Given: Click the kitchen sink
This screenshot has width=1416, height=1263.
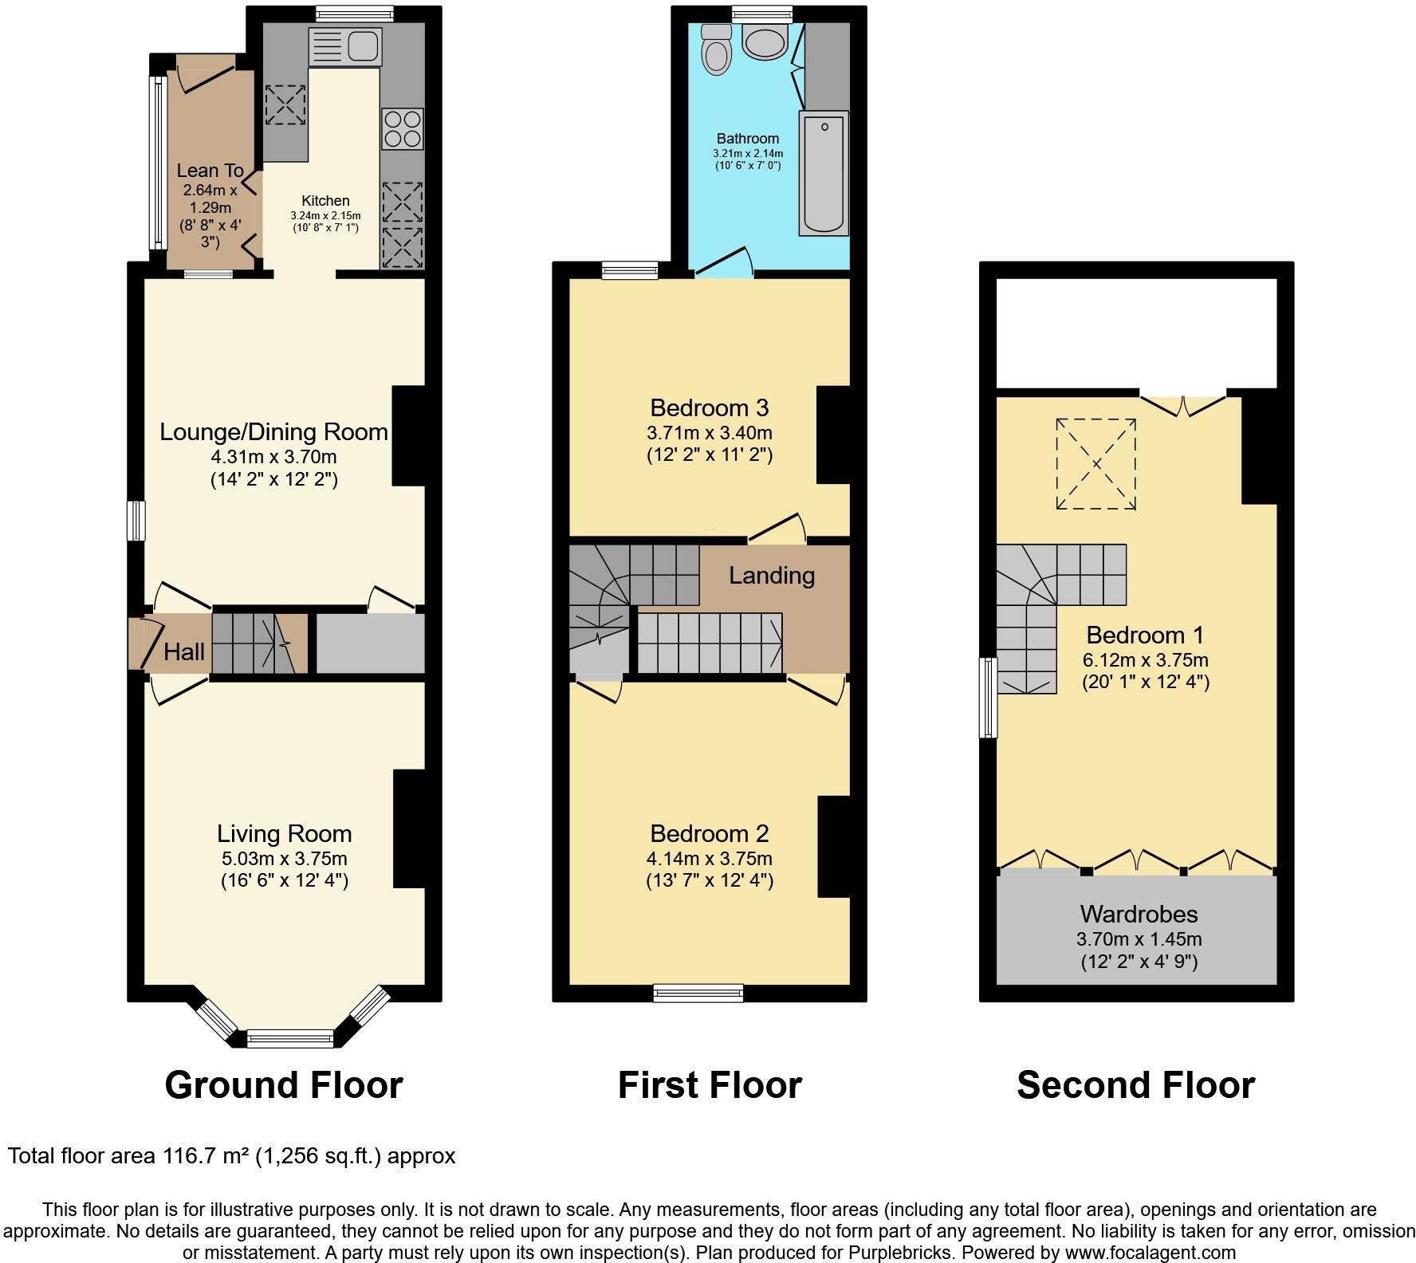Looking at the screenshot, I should click(344, 45).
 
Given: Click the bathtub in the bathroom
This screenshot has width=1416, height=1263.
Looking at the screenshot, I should click(824, 174).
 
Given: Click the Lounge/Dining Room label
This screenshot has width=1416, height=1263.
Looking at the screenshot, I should click(273, 432).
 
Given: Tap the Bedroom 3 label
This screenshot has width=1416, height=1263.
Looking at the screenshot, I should click(709, 408).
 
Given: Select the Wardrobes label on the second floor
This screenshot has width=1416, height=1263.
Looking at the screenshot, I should click(1139, 914).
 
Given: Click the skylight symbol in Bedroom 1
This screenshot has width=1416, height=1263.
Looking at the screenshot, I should click(1095, 463).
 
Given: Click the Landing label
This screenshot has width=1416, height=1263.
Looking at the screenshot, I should click(771, 576).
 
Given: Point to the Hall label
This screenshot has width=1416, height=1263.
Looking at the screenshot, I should click(184, 652).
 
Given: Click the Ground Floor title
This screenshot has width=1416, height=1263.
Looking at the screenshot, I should click(283, 1085).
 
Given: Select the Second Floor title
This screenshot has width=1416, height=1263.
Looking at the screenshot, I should click(1135, 1085).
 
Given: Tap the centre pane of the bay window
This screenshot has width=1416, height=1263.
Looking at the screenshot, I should click(290, 1038).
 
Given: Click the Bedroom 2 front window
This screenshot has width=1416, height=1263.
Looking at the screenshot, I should click(698, 993).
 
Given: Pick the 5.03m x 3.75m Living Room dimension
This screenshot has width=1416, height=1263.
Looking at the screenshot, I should click(284, 859).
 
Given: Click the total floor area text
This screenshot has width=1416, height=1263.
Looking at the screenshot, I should click(231, 1156).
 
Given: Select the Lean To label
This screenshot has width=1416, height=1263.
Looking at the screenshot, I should click(210, 170).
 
